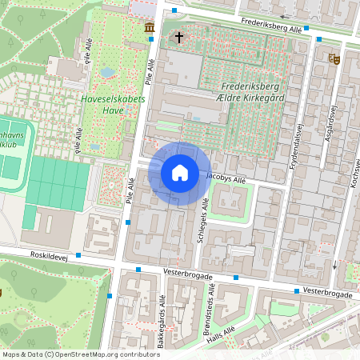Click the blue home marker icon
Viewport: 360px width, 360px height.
tap(180, 173)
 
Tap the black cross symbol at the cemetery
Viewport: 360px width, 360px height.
tap(178, 37)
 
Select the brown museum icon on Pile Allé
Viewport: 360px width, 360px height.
tap(150, 29)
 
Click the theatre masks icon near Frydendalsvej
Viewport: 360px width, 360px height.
tap(333, 58)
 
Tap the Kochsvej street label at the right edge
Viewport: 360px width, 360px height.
tap(353, 172)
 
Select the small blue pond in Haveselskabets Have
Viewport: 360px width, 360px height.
tap(107, 72)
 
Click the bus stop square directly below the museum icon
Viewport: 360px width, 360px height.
tap(151, 38)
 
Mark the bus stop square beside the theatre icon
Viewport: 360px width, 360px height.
tap(318, 38)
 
